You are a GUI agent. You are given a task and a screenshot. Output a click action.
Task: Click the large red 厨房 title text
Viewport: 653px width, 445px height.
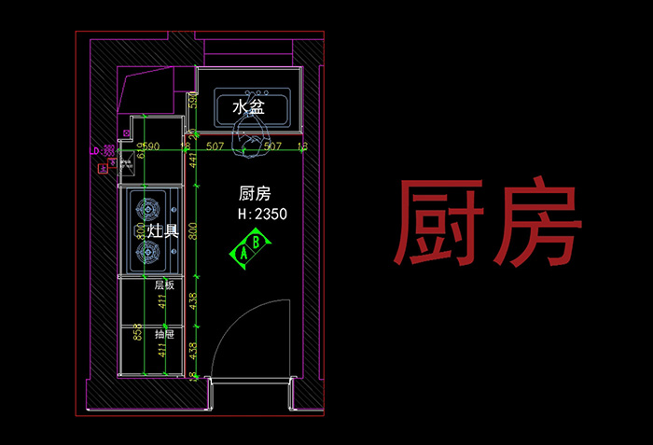point(489,222)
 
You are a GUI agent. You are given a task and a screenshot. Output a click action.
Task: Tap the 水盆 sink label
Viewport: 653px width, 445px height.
point(249,107)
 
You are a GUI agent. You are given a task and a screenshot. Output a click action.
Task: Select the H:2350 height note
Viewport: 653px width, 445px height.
point(262,215)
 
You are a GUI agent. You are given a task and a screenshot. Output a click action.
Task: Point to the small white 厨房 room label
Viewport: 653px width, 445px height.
point(255,193)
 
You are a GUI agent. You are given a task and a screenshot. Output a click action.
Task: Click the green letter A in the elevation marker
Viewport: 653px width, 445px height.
point(244,252)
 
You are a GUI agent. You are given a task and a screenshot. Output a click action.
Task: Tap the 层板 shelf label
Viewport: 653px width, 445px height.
point(164,285)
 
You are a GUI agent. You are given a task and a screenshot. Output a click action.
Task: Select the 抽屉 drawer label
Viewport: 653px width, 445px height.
point(164,333)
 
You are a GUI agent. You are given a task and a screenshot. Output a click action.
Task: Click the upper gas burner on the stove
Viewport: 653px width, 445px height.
point(146,206)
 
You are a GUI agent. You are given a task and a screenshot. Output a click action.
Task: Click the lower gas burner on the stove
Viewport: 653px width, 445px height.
point(146,251)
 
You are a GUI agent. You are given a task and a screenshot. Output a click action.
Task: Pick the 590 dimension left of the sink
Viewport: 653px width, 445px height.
point(194,100)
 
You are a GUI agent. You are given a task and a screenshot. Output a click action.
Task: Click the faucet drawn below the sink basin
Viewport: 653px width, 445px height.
point(248,136)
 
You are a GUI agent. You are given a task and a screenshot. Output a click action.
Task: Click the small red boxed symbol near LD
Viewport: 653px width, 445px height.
point(102,169)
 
